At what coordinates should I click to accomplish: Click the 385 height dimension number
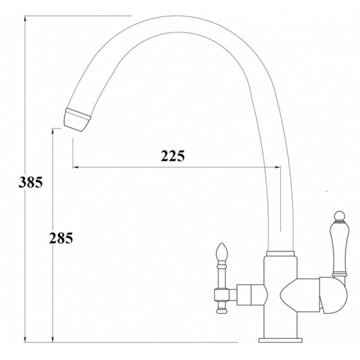tap(29, 182)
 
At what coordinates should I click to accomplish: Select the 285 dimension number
tap(61, 238)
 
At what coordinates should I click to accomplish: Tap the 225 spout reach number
tap(173, 156)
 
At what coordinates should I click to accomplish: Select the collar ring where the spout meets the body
tap(281, 254)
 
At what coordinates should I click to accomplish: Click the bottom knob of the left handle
tap(222, 309)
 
